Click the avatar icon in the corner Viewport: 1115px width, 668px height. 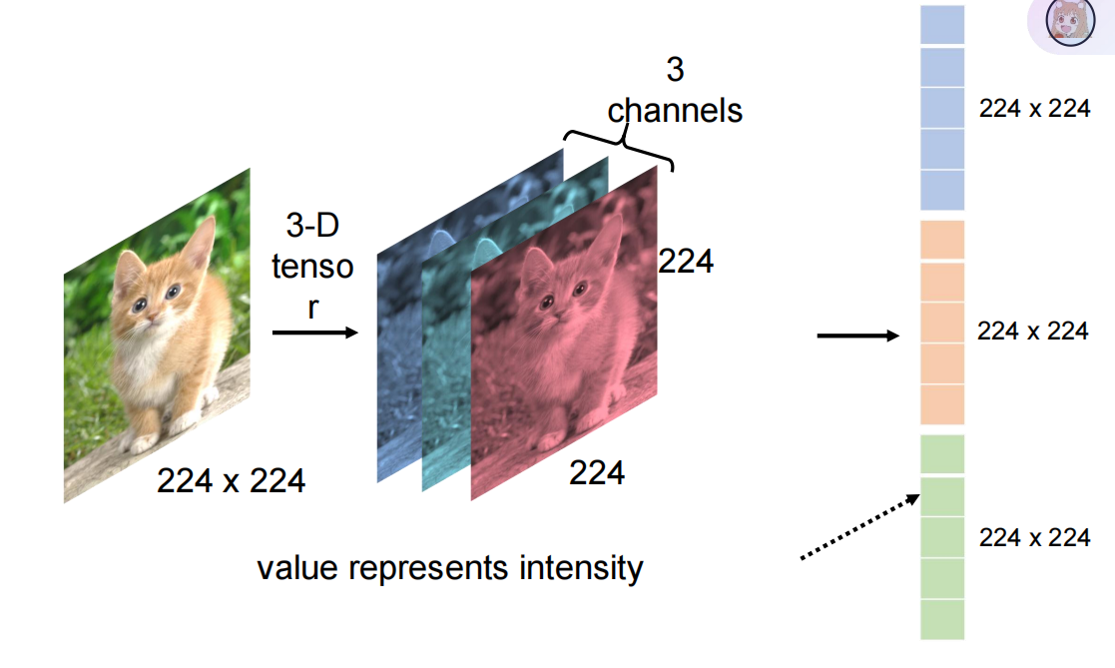1065,22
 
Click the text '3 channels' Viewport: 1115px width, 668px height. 675,90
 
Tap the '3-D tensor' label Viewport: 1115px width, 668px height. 312,267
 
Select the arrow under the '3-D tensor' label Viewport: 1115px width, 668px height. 313,333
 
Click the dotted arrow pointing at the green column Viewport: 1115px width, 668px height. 859,525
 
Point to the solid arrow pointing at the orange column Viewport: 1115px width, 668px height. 857,336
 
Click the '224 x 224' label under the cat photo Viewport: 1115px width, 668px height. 231,481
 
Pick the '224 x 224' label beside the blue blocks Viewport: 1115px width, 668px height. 1034,109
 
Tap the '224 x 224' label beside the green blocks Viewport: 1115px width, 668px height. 1034,537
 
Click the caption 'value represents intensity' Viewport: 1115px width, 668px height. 450,568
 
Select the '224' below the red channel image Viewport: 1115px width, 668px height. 597,472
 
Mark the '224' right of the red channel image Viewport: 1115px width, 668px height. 686,262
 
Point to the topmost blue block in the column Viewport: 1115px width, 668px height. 941,25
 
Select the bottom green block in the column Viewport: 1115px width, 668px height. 941,619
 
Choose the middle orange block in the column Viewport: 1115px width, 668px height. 941,323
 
